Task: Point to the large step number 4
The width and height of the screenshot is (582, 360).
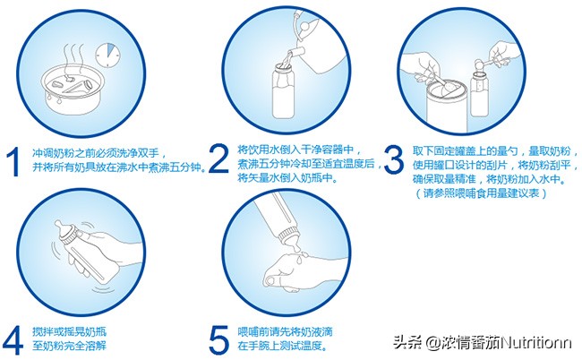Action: point(13,339)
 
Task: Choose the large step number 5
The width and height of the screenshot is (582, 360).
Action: point(218,339)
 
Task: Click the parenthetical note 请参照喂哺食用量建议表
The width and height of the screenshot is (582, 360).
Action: point(481,193)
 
